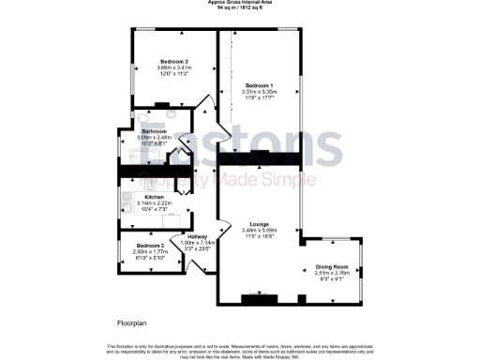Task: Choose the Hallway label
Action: click(198, 236)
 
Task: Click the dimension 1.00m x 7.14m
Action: click(198, 243)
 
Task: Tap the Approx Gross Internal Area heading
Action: click(239, 3)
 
